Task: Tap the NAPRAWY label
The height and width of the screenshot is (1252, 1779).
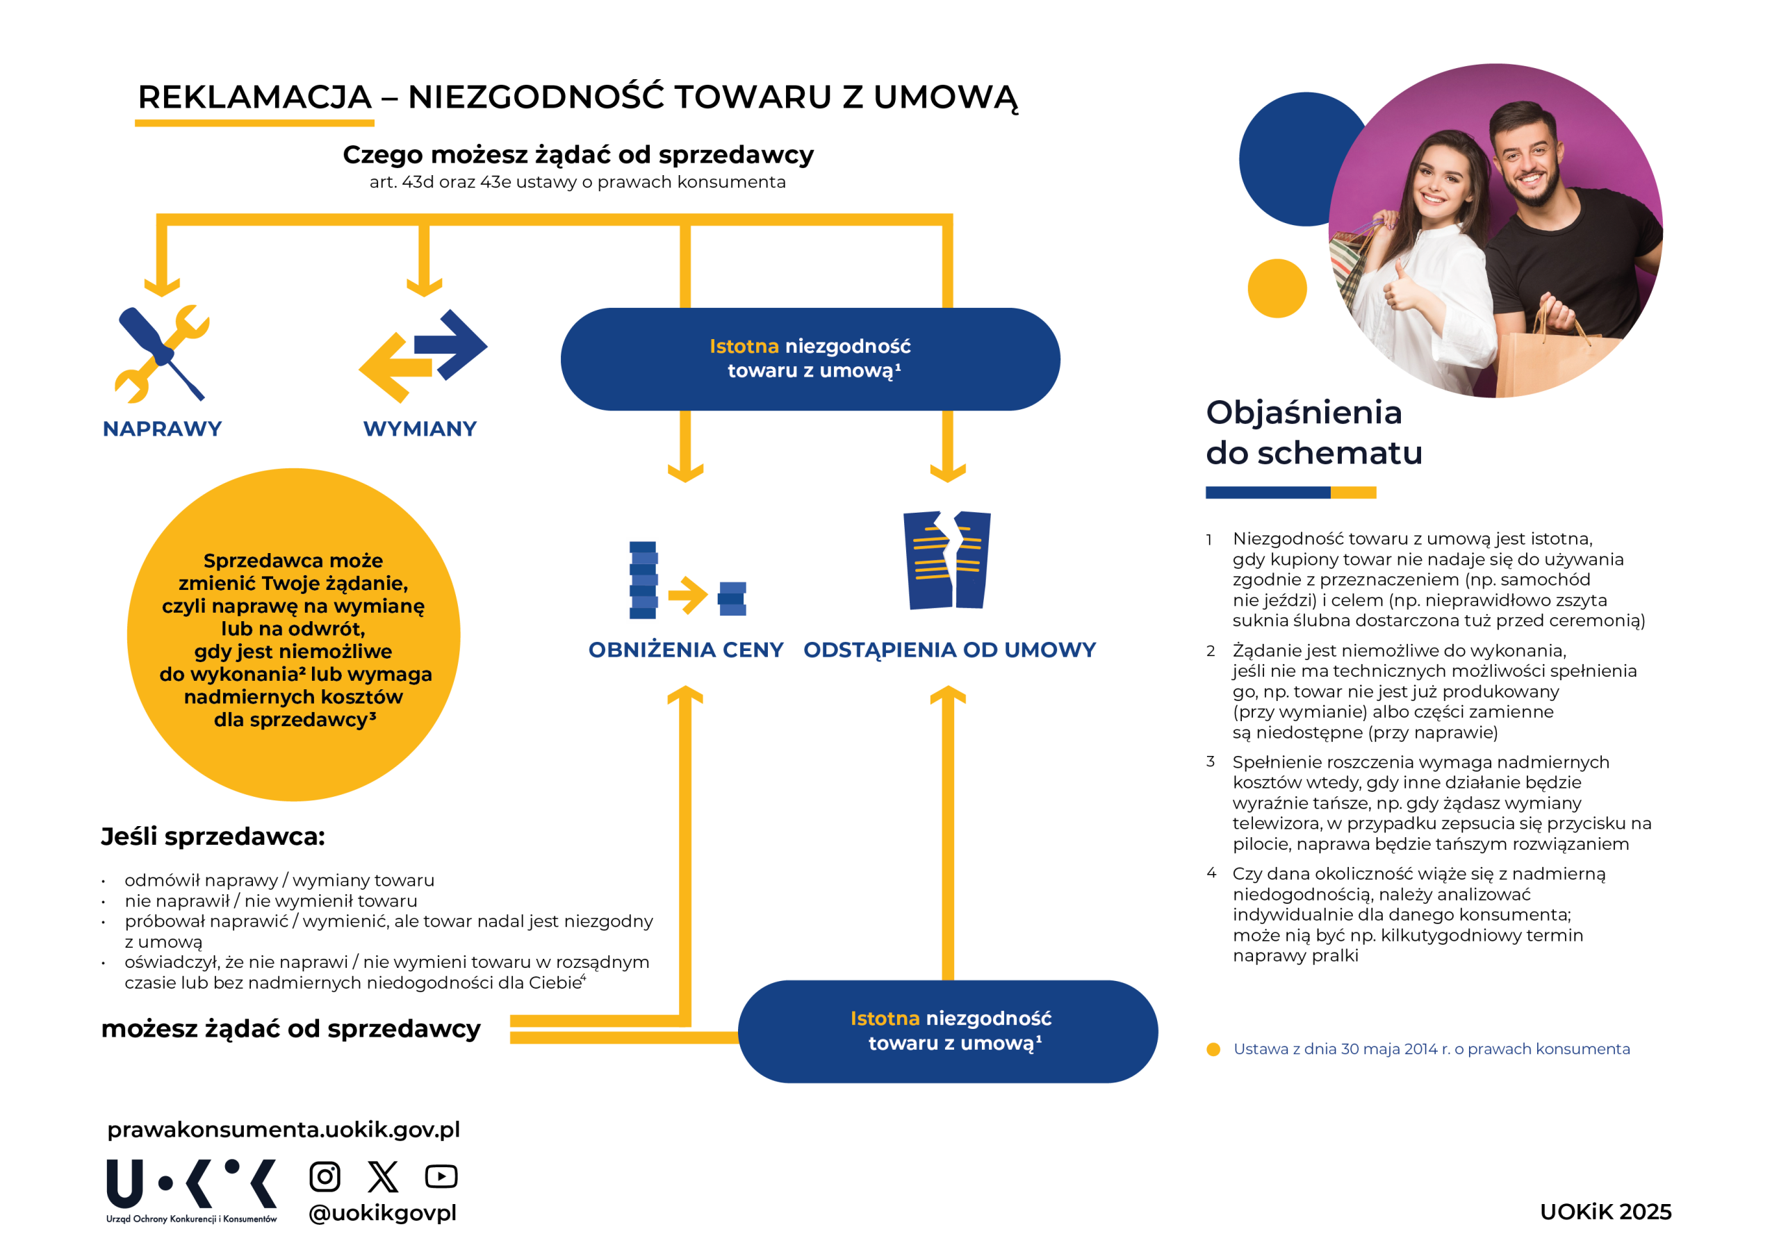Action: click(x=162, y=429)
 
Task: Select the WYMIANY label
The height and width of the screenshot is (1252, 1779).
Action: click(x=420, y=429)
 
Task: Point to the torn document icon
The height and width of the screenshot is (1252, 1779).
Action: click(x=947, y=560)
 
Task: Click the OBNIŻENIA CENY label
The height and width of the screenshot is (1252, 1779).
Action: click(x=686, y=650)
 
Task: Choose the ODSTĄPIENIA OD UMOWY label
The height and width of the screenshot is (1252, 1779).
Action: click(x=949, y=650)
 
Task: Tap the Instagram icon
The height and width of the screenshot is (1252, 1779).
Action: click(x=325, y=1176)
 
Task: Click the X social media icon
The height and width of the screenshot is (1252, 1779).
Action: click(x=383, y=1176)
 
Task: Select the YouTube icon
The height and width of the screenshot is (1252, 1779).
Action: click(x=441, y=1176)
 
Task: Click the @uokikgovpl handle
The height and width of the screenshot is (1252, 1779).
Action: click(x=383, y=1212)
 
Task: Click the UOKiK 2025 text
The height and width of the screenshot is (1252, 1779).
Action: click(x=1605, y=1212)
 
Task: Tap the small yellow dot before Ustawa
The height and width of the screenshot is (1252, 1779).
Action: click(x=1213, y=1049)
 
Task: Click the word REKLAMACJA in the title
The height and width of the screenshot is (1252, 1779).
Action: click(x=255, y=98)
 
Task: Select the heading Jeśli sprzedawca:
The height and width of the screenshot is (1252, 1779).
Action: click(x=213, y=837)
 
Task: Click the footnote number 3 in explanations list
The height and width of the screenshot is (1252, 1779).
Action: click(x=1211, y=761)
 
